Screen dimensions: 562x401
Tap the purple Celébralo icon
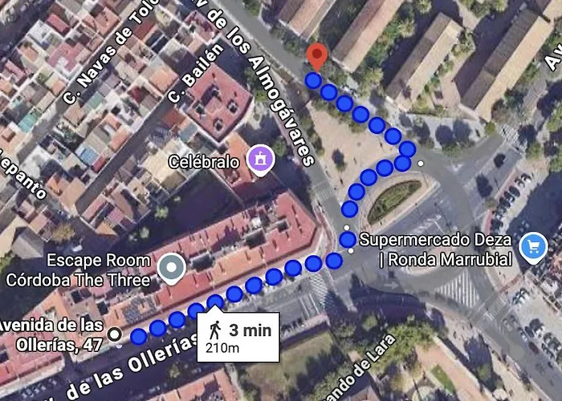pyautogui.click(x=261, y=159)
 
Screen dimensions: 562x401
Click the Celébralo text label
pyautogui.click(x=203, y=162)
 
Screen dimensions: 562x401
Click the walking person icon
pyautogui.click(x=215, y=330)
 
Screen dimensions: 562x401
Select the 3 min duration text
pyautogui.click(x=250, y=330)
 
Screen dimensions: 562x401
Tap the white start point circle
pyautogui.click(x=116, y=334)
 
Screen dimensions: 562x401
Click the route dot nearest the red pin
pyautogui.click(x=313, y=79)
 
